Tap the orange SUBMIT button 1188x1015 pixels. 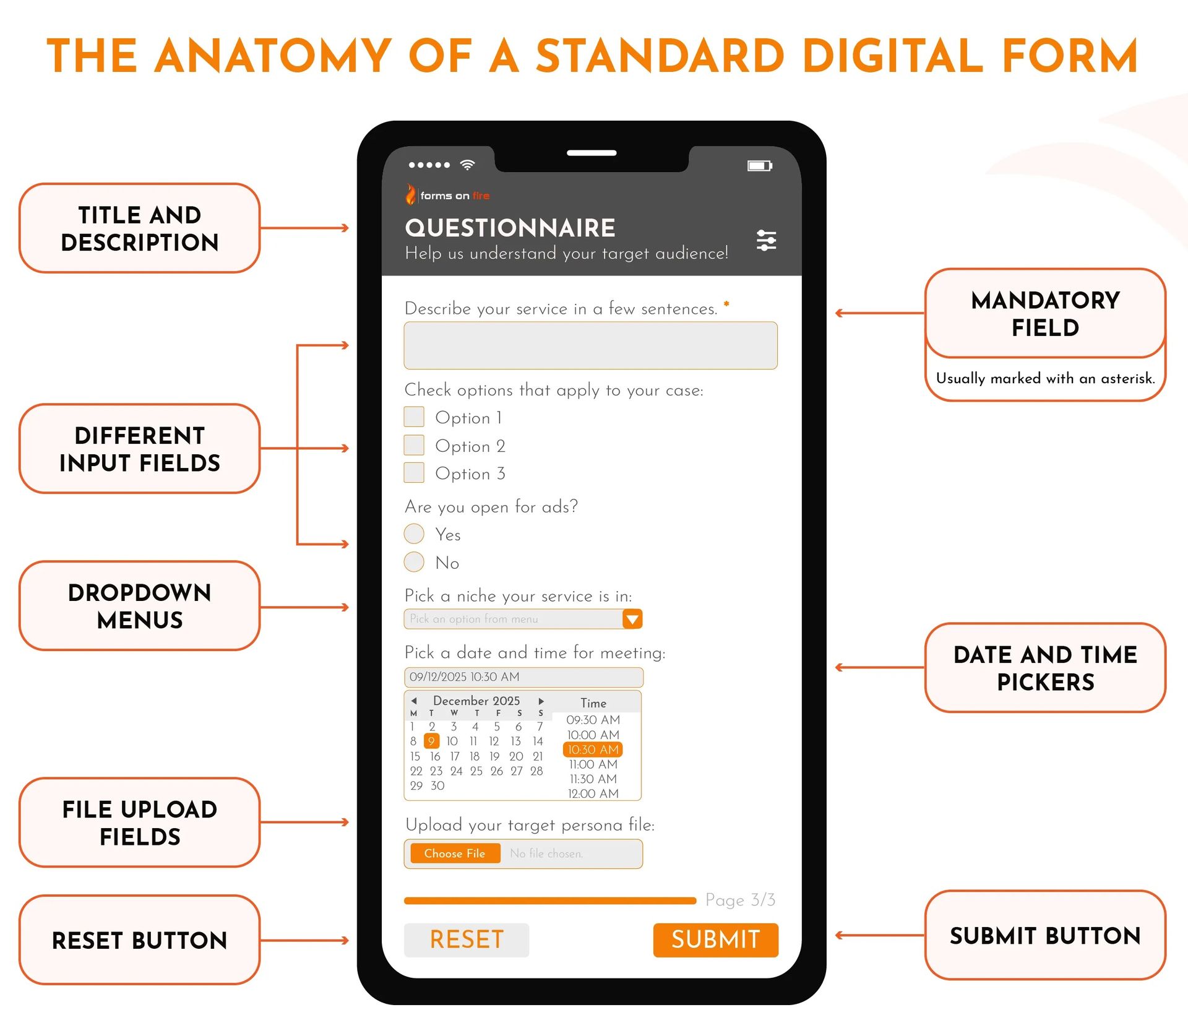point(715,939)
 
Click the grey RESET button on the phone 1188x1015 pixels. point(467,939)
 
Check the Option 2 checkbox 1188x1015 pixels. point(414,445)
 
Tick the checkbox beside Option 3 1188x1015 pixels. point(414,473)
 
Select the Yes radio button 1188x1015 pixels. point(414,533)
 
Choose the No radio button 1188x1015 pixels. point(414,562)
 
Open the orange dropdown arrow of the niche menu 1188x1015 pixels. point(632,619)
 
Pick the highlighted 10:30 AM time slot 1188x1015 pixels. point(593,749)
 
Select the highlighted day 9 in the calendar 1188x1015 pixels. point(431,741)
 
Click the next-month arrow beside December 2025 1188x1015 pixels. point(541,701)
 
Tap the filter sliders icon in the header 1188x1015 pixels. point(766,240)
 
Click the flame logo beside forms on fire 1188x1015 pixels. point(411,194)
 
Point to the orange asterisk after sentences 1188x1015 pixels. point(726,304)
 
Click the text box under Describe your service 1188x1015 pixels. point(590,345)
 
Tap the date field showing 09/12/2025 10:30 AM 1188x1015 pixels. point(523,677)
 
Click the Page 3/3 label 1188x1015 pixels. point(740,900)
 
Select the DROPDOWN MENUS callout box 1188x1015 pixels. point(139,606)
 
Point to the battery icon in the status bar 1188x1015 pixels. point(759,165)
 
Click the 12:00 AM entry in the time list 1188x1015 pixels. point(593,793)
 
